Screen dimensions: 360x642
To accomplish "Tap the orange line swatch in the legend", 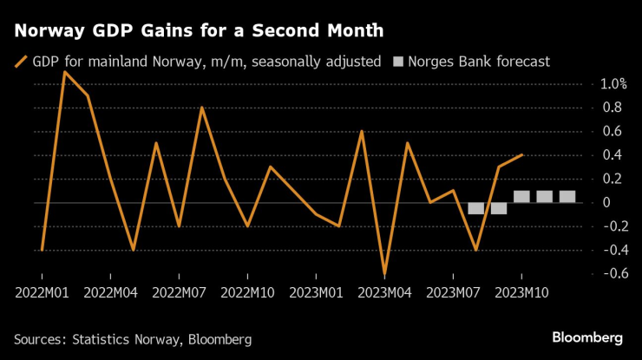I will (x=21, y=62).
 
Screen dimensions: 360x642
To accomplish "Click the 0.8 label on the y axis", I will (x=613, y=108).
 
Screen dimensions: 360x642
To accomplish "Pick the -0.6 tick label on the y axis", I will (x=610, y=273).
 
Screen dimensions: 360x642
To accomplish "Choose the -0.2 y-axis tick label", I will (x=610, y=226).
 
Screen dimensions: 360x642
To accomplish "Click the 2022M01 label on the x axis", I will (x=42, y=292).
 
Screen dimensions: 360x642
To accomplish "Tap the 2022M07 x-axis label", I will (x=179, y=292).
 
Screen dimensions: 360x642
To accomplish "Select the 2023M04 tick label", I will (x=384, y=292).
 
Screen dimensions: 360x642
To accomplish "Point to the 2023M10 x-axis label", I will (x=521, y=292).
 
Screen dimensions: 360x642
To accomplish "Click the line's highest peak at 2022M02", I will (x=65, y=72).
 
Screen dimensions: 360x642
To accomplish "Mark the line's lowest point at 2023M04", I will (x=384, y=274).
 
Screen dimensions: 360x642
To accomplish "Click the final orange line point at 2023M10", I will (x=521, y=155).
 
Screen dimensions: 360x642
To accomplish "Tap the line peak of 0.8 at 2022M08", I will (x=201, y=108).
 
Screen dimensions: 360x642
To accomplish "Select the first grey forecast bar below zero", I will (x=475, y=208).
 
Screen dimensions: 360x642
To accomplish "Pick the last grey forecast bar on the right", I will (x=567, y=196).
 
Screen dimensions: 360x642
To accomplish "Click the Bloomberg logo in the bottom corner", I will (x=587, y=337).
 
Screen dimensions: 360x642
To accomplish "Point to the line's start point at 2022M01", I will (x=42, y=250).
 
